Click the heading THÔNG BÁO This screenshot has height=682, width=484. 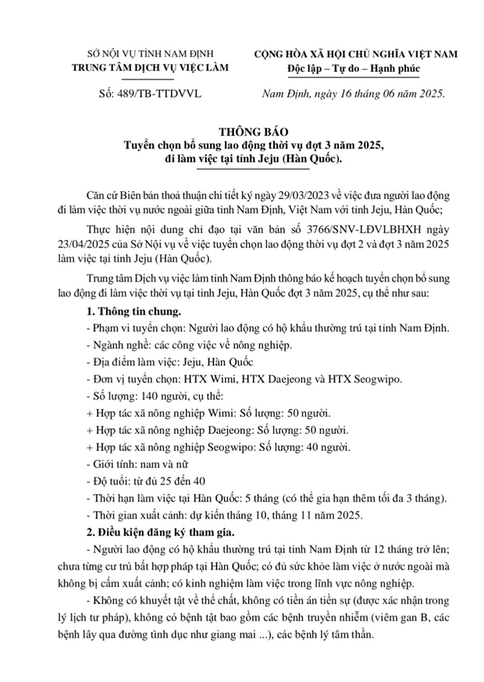(242, 132)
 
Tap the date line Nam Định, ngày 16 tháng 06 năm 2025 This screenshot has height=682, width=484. (353, 94)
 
